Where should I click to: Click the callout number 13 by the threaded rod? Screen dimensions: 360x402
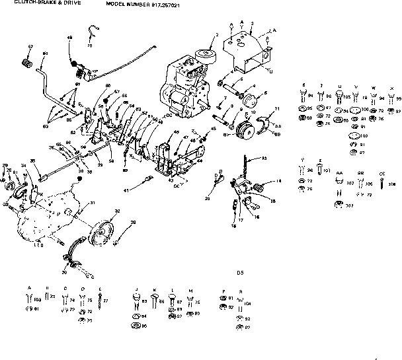tap(264, 159)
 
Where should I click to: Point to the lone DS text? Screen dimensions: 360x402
tap(240, 271)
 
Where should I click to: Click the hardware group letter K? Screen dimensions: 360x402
tap(154, 289)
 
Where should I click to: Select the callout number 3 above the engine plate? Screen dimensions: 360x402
tap(252, 23)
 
